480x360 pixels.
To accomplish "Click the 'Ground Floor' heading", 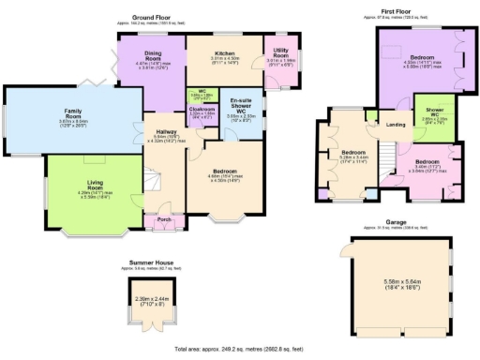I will tap(157, 17).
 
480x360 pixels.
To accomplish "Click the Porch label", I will tap(164, 220).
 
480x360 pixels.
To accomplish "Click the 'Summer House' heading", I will tap(153, 263).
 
